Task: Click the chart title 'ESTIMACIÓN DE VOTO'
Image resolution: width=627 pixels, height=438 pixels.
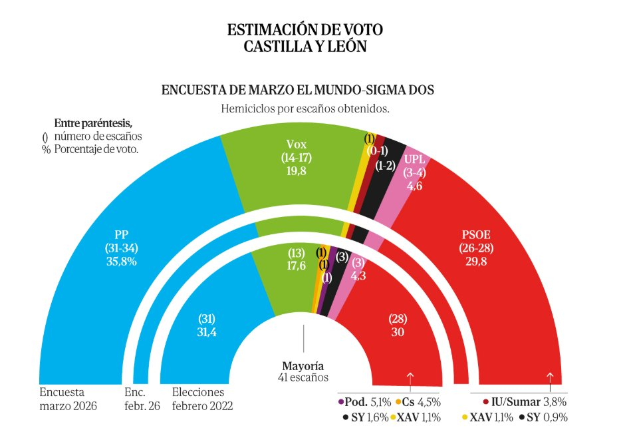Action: coord(305,30)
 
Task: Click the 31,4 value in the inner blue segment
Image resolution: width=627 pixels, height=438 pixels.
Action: coord(208,333)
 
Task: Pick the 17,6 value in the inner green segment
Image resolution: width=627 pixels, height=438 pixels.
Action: coord(297,266)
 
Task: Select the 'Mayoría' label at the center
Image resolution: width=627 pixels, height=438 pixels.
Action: coord(303,366)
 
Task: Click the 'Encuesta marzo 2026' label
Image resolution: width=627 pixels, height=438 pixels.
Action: coord(68,398)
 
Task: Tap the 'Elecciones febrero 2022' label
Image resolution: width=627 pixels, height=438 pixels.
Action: coord(202,398)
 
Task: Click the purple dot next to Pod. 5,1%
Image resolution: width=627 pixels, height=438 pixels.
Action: coord(341,402)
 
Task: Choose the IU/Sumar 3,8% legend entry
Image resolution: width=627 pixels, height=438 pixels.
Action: coord(525,402)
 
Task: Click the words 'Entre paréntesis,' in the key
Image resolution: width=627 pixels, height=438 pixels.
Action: coord(93,123)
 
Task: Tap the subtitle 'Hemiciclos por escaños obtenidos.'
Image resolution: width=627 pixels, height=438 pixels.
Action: coord(305,108)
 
